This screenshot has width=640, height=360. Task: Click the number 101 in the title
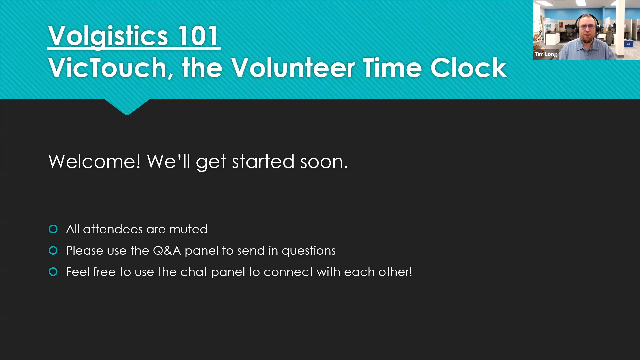pyautogui.click(x=198, y=36)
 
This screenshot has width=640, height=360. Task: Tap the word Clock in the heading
pyautogui.click(x=468, y=68)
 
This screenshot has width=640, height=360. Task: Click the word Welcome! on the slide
pyautogui.click(x=94, y=162)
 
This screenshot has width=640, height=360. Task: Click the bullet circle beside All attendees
pyautogui.click(x=53, y=229)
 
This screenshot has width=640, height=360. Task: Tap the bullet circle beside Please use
pyautogui.click(x=53, y=250)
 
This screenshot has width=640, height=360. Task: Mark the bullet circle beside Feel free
pyautogui.click(x=53, y=272)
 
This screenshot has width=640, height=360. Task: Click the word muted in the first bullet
pyautogui.click(x=188, y=229)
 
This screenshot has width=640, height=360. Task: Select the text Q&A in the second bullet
pyautogui.click(x=167, y=251)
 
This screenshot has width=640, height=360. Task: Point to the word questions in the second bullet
pyautogui.click(x=309, y=251)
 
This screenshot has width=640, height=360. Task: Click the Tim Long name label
pyautogui.click(x=546, y=54)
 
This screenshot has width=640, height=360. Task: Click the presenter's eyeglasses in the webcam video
pyautogui.click(x=587, y=27)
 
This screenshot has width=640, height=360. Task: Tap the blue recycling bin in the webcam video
pyautogui.click(x=629, y=44)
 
